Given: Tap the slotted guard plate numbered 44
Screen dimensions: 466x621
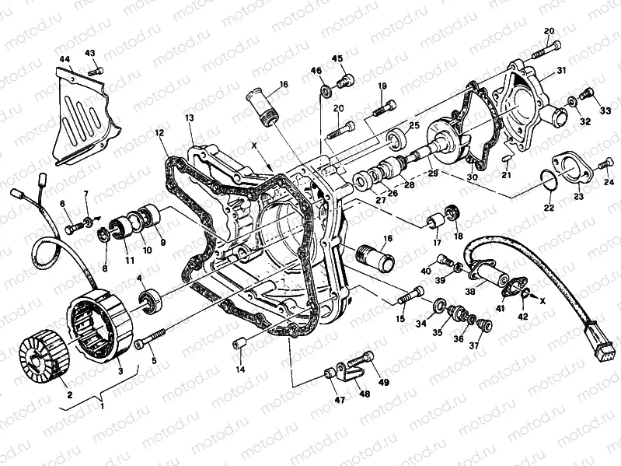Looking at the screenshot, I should point(79,117).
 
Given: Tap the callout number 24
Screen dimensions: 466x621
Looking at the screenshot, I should point(609,182).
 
